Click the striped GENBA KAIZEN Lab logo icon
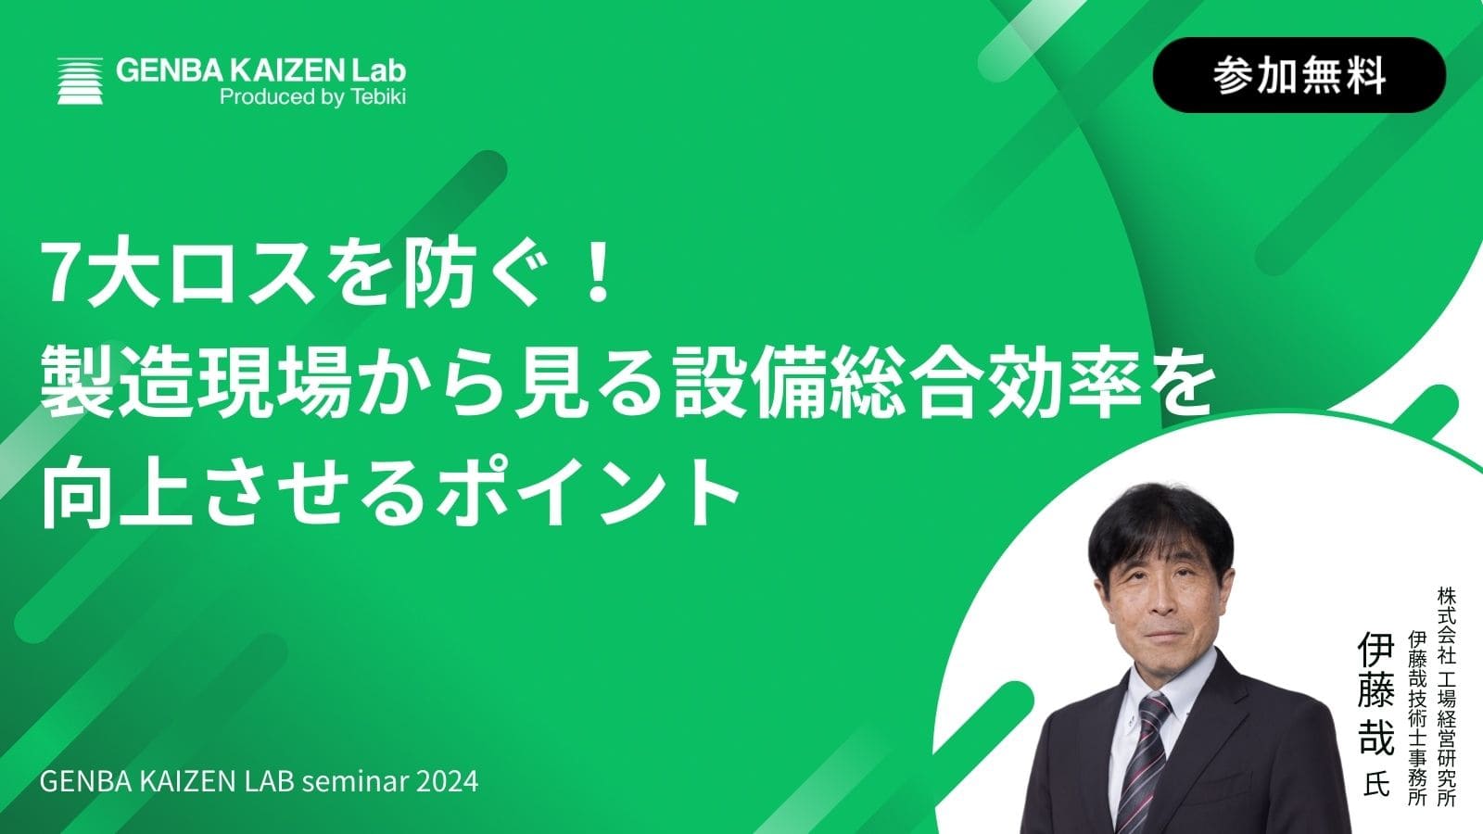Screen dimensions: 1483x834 pos(80,81)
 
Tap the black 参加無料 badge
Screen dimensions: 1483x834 pos(1299,75)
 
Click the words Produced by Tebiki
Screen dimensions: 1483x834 pos(312,97)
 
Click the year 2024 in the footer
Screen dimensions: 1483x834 pos(447,781)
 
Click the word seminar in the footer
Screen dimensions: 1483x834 pos(355,781)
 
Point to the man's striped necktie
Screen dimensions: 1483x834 pos(1145,761)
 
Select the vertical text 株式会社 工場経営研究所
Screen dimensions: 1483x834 pos(1447,696)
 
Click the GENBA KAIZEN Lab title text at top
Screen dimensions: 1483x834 pos(260,70)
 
